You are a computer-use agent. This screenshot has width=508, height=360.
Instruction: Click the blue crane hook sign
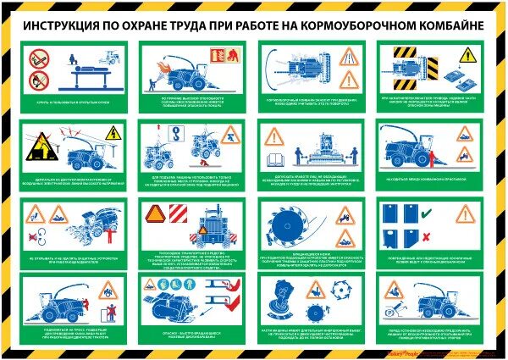coord(177,132)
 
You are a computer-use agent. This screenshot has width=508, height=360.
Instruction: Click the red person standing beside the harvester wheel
coord(428,158)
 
